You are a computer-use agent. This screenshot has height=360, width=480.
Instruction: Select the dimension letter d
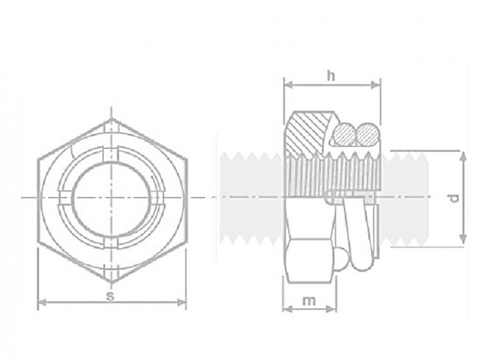(x=455, y=198)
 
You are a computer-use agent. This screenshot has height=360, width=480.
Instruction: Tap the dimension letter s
(x=110, y=295)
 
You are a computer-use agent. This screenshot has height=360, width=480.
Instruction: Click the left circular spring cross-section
(x=343, y=135)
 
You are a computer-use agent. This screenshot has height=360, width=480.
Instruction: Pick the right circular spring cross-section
(x=366, y=135)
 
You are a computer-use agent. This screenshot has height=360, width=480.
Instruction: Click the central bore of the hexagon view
(x=111, y=197)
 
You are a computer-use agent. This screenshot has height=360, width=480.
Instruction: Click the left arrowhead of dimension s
(x=40, y=302)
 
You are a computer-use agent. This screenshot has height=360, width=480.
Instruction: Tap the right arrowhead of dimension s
(x=182, y=302)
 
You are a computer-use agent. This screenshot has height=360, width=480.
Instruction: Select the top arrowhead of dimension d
(x=463, y=154)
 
